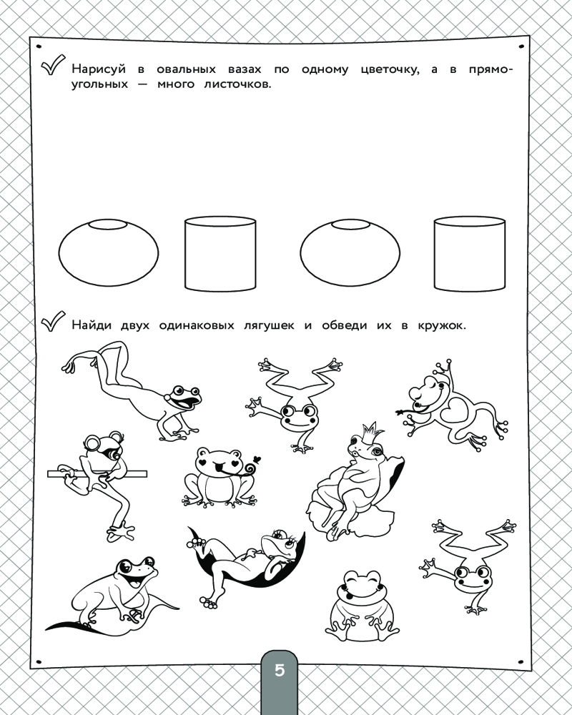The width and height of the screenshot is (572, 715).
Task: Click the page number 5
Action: click(x=279, y=671)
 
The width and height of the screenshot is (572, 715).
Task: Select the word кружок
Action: click(x=442, y=325)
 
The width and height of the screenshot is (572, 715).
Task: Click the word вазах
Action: click(x=245, y=70)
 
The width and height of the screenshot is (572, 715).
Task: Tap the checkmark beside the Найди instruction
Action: click(x=53, y=321)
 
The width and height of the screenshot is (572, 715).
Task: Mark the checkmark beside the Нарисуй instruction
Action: click(x=53, y=66)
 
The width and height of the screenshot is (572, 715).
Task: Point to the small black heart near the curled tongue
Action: click(x=257, y=459)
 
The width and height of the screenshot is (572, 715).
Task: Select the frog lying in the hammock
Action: click(x=246, y=566)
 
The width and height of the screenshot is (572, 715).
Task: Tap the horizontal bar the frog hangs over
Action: click(x=97, y=474)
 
